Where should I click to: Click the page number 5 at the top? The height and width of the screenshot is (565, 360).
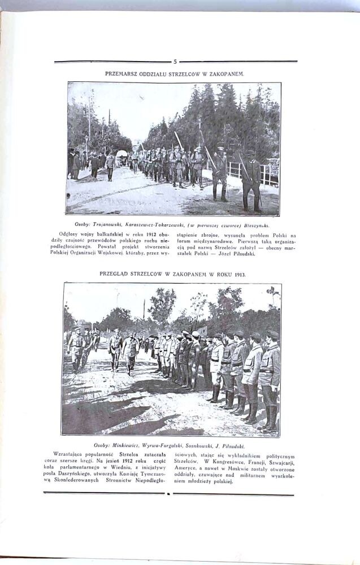(x=175, y=62)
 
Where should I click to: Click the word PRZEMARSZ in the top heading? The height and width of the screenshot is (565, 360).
(x=122, y=74)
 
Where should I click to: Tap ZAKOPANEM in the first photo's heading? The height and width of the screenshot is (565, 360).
(x=225, y=74)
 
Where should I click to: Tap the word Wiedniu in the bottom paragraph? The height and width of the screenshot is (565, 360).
(x=133, y=468)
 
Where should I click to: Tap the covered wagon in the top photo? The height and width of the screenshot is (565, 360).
(x=122, y=157)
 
